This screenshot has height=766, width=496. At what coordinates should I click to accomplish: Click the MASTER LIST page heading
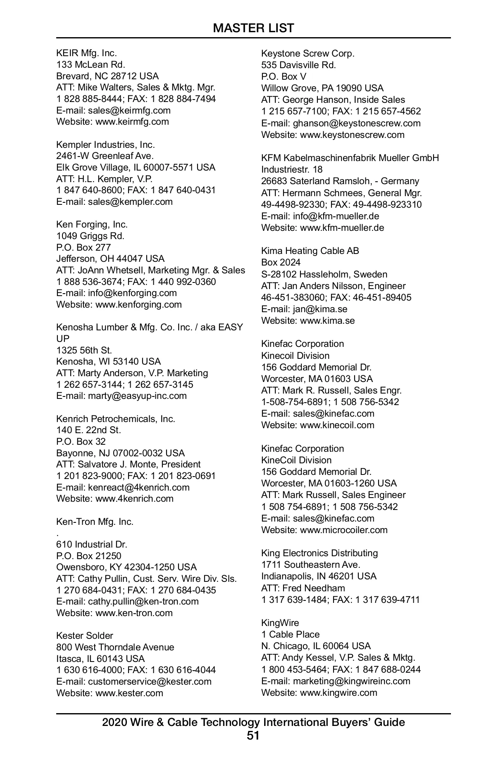tap(253, 28)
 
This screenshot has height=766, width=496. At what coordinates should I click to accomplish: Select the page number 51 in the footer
tap(253, 735)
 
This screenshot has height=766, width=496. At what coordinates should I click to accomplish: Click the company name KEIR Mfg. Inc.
tap(86, 53)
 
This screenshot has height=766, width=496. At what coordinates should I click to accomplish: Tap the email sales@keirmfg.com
tap(129, 110)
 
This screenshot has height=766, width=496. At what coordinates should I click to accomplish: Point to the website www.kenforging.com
tap(138, 304)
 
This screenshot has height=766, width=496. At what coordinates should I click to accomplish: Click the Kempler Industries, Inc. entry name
tap(105, 145)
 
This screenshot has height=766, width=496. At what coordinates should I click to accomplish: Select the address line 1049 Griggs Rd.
tap(90, 236)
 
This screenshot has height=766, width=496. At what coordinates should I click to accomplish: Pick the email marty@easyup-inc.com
tap(137, 396)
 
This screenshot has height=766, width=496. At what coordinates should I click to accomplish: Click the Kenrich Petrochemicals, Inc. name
tap(116, 419)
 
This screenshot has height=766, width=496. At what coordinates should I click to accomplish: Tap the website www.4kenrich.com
tap(134, 498)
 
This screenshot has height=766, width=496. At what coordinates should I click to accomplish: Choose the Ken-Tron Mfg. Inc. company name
tap(95, 522)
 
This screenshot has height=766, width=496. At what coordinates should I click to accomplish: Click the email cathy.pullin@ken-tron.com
tap(143, 601)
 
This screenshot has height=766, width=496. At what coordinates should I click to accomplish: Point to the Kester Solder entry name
tap(84, 636)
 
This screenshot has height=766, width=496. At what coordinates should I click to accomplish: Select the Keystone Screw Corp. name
tap(308, 53)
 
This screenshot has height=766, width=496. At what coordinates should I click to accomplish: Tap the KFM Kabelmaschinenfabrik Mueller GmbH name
tap(350, 158)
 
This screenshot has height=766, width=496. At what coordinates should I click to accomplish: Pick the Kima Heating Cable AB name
tap(310, 251)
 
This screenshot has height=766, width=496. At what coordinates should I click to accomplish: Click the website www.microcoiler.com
tap(343, 530)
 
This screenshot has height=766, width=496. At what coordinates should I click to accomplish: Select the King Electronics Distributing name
tap(319, 553)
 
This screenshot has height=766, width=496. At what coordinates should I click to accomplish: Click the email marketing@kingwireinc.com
tap(351, 681)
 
